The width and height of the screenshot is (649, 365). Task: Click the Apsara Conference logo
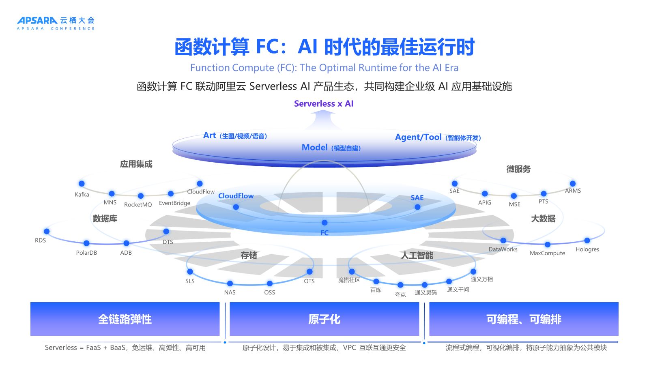coord(56,23)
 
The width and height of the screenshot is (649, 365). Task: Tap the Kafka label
coord(82,195)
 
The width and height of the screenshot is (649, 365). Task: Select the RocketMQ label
coord(138,205)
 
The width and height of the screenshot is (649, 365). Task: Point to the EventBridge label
coord(174,203)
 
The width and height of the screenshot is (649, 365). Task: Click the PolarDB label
coord(86,253)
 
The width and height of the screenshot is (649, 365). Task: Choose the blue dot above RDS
coord(47,232)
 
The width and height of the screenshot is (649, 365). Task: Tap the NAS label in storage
coord(230,292)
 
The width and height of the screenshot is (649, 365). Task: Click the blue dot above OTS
coord(309,272)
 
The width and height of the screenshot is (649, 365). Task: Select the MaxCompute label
coord(547,253)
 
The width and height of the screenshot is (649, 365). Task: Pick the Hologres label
coord(587,249)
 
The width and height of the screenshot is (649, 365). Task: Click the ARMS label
coord(573,191)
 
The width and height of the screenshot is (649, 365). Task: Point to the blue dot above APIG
coord(485,194)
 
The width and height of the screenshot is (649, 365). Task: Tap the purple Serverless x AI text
coord(324,104)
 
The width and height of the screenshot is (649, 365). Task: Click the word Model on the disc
coord(314,148)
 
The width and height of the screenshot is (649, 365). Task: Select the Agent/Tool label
coord(418,137)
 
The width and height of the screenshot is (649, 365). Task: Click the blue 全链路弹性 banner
coord(125,319)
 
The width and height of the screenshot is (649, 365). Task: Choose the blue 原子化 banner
coord(324,319)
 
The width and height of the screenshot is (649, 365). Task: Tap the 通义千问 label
coord(458,290)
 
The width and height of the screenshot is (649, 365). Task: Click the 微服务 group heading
coord(518,169)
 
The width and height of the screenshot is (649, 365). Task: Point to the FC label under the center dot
coord(324,233)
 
